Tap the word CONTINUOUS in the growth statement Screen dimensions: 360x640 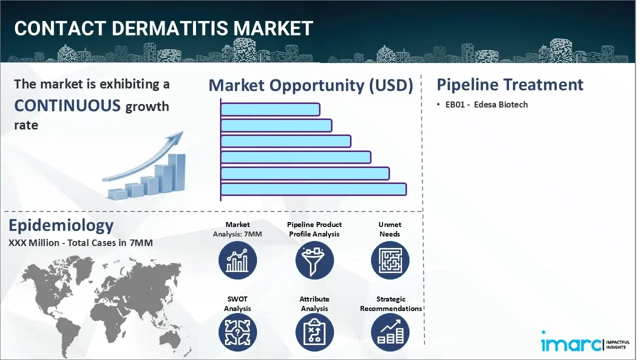pyautogui.click(x=67, y=105)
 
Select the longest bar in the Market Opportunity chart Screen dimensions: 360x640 pyautogui.click(x=313, y=189)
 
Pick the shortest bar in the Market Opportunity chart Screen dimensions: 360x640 pyautogui.click(x=270, y=109)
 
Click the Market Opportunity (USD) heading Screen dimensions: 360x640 pyautogui.click(x=310, y=85)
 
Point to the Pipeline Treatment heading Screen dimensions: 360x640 pyautogui.click(x=509, y=84)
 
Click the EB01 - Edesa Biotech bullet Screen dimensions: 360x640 pyautogui.click(x=485, y=104)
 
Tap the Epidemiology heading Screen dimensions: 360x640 pyautogui.click(x=61, y=225)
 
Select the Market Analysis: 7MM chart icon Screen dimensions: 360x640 pyautogui.click(x=237, y=260)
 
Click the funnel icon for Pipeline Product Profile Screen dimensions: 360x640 pyautogui.click(x=314, y=260)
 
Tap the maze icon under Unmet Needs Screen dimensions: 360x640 pyautogui.click(x=390, y=260)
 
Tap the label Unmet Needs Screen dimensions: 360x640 pyautogui.click(x=390, y=229)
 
